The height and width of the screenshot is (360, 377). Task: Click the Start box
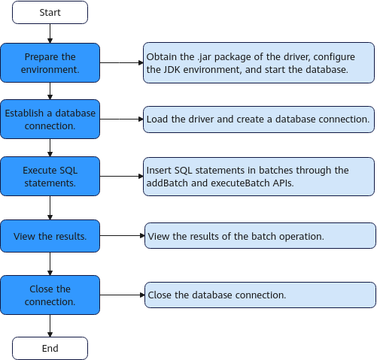(50, 12)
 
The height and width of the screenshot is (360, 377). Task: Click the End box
(50, 348)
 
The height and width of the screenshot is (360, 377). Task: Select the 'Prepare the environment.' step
(50, 62)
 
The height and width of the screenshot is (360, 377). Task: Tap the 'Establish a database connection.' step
(50, 119)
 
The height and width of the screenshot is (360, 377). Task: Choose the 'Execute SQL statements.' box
(50, 177)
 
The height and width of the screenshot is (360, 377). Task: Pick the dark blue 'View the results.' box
(50, 236)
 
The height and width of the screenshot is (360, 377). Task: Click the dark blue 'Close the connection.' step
(50, 295)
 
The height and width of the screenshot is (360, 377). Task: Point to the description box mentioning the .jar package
(259, 62)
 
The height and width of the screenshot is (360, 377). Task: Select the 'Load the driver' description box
(259, 119)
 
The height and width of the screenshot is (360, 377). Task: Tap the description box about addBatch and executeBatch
(259, 177)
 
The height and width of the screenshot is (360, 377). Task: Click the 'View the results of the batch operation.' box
(260, 236)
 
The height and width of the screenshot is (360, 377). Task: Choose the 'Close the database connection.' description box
(260, 295)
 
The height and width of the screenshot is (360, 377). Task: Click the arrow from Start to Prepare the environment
(50, 34)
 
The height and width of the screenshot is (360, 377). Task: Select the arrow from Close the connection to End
(50, 326)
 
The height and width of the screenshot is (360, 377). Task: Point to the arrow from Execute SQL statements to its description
(121, 177)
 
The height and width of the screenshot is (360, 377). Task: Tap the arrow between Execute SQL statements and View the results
(50, 208)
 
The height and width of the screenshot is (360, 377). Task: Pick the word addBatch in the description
(167, 183)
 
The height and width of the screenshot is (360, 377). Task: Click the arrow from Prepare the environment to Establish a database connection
(50, 91)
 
